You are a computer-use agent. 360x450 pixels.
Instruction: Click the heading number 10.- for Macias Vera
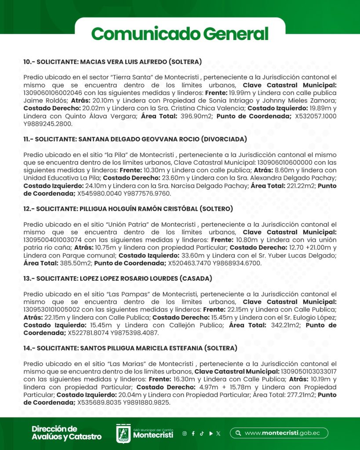[29, 62]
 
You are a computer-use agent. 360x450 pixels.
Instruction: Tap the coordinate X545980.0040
[98, 193]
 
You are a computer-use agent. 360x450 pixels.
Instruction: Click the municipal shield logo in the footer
[123, 433]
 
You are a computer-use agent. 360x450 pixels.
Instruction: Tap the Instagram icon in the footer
[185, 433]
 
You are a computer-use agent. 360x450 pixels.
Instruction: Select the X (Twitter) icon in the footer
[218, 433]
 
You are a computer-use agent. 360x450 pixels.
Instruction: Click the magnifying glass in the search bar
[238, 433]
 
